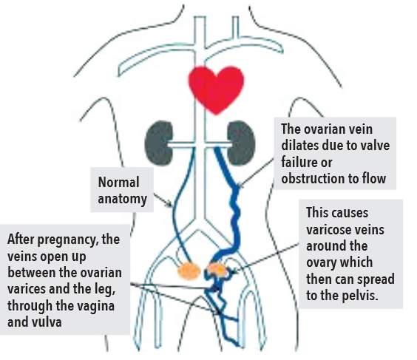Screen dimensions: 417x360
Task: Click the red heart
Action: coord(216,89)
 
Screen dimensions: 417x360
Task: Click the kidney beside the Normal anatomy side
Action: coord(159,143)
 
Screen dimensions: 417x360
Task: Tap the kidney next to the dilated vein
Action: coord(242,143)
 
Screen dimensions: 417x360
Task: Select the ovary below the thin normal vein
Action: coord(189,271)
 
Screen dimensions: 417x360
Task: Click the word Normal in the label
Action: coord(118,183)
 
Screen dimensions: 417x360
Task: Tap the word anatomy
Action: coord(122,199)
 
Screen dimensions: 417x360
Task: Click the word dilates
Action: coord(300,146)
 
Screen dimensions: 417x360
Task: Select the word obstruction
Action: coord(313,178)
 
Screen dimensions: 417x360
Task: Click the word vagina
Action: coord(98,306)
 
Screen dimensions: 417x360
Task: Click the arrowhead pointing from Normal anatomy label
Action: coord(169,205)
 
